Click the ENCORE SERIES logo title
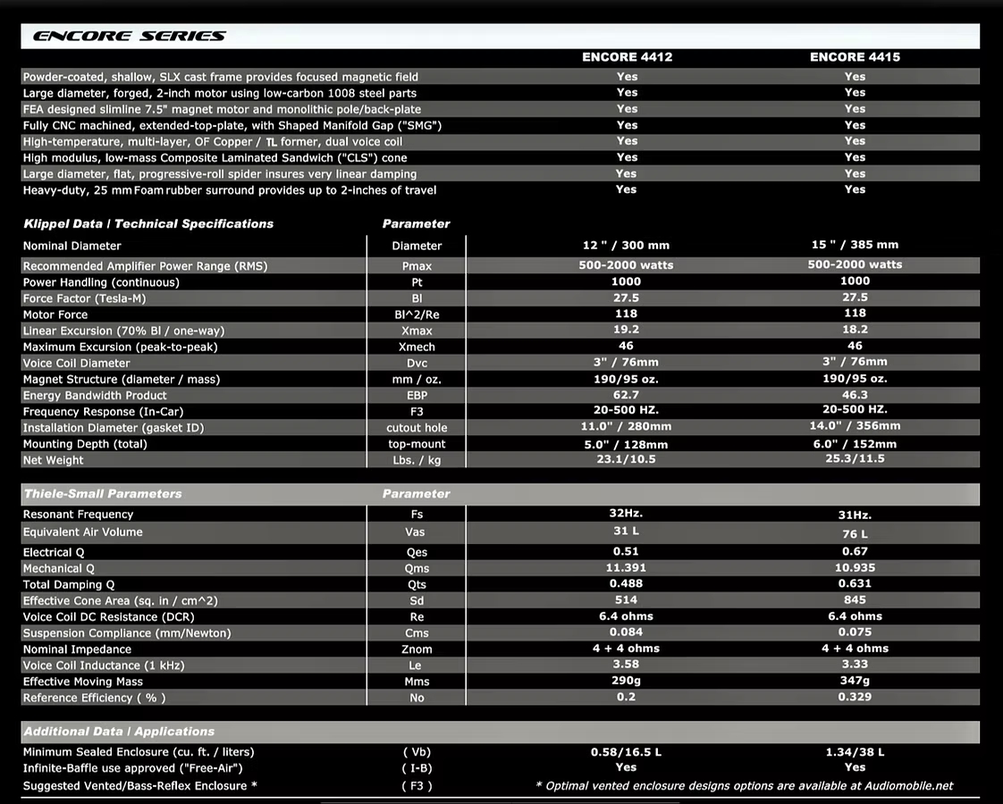[x=129, y=37]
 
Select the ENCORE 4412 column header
[x=627, y=57]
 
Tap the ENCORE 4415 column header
[x=855, y=57]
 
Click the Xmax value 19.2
[x=626, y=330]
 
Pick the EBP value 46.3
[x=855, y=394]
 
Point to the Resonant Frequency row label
[x=79, y=515]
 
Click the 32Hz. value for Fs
[x=626, y=514]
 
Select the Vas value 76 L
[x=855, y=533]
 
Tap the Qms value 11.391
[x=626, y=568]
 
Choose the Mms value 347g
[x=855, y=681]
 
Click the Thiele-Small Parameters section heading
[x=103, y=494]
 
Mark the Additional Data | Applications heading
[x=119, y=732]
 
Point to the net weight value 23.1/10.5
[x=626, y=459]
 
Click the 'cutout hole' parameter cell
[x=417, y=428]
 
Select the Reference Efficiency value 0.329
[x=855, y=697]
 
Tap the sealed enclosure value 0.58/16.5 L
[x=626, y=752]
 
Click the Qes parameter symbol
[x=417, y=553]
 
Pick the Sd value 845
[x=855, y=600]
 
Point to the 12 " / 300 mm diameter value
[x=626, y=245]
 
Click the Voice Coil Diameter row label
[x=77, y=364]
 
